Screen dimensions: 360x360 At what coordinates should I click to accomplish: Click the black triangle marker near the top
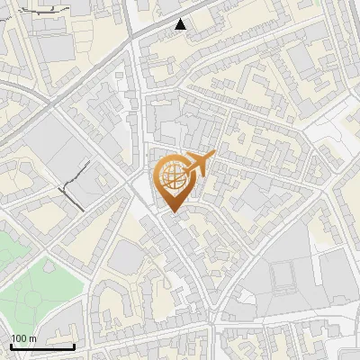pos(181,24)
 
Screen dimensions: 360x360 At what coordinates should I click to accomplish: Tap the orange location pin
pos(173,181)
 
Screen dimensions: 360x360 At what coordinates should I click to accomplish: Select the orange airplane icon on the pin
pos(200,165)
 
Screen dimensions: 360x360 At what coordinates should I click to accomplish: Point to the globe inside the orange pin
pos(172,175)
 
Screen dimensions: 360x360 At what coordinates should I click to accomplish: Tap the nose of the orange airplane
pos(214,156)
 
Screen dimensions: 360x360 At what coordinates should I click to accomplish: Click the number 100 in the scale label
pos(19,338)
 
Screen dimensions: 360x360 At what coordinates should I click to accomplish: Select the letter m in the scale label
pos(32,338)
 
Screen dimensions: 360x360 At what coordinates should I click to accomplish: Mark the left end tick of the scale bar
pos(11,345)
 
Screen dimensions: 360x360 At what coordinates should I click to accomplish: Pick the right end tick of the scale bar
pos(74,345)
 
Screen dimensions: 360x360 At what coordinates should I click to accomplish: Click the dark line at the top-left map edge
pos(27,11)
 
